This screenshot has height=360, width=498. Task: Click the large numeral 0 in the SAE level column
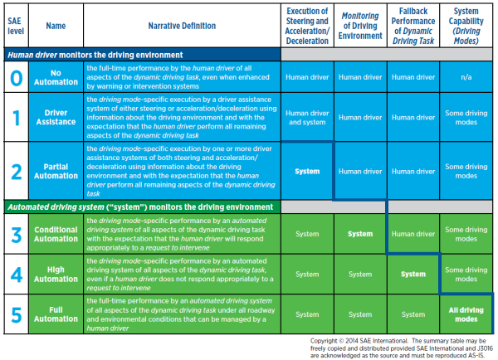point(17,78)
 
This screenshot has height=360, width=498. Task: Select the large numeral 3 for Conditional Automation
point(17,235)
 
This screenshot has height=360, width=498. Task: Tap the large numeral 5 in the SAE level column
point(17,314)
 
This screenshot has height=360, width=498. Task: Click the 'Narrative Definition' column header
point(182,26)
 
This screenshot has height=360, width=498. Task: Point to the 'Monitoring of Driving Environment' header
point(360,26)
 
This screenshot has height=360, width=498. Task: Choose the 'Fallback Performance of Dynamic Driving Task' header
point(413,26)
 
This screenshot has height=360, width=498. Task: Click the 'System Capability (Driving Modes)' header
point(466,26)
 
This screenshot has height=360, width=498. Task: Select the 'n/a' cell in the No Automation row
point(466,77)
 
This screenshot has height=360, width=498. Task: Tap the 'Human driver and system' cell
point(307,118)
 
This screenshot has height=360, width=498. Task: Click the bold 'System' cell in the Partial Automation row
point(307,172)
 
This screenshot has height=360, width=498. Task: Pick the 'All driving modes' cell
point(466,314)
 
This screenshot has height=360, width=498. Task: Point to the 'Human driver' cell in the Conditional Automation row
point(413,234)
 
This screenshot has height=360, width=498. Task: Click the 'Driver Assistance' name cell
point(56,117)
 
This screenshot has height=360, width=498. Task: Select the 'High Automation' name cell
point(56,275)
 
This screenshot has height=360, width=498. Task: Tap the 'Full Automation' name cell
point(56,314)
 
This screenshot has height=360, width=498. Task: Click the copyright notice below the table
point(402,348)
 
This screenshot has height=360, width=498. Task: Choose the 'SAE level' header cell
point(16,26)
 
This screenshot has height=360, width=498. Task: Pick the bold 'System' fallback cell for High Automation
point(413,275)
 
